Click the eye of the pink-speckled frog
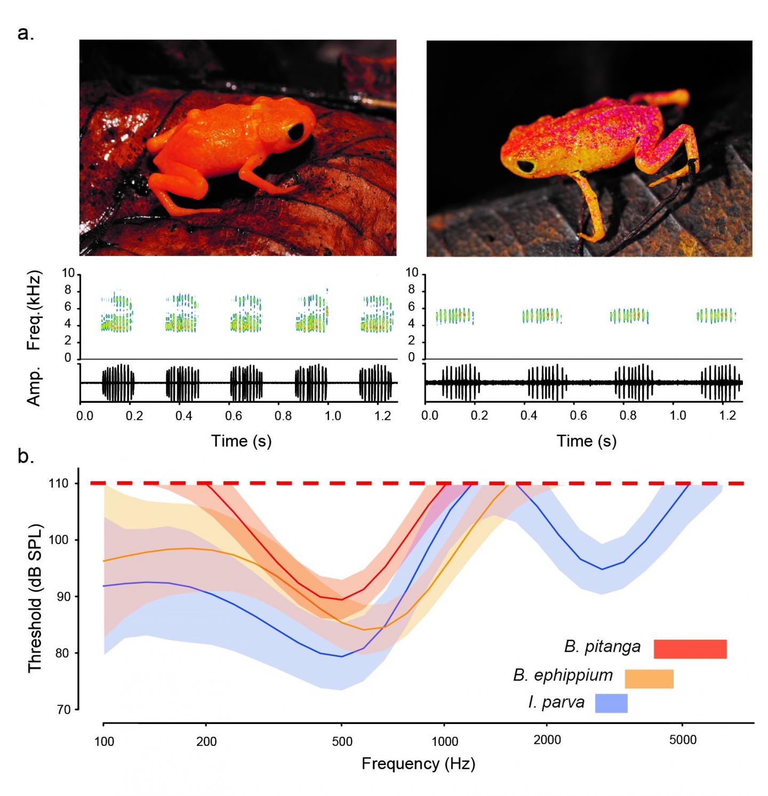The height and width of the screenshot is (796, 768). (526, 166)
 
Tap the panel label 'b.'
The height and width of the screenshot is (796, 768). (26, 457)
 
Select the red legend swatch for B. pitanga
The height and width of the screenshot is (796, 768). (690, 649)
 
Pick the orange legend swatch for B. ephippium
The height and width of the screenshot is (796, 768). (649, 679)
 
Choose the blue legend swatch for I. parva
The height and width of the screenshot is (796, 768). (611, 703)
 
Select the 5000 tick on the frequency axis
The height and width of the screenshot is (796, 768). (683, 740)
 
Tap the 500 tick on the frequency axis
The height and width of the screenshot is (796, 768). (342, 741)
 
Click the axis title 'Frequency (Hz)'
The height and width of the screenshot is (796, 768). (418, 763)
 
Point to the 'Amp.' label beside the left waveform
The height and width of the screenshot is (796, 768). (34, 386)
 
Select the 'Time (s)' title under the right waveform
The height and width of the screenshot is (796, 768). (587, 441)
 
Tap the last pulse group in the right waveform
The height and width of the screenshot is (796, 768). (721, 382)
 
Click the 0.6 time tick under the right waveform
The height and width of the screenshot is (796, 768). (579, 416)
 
